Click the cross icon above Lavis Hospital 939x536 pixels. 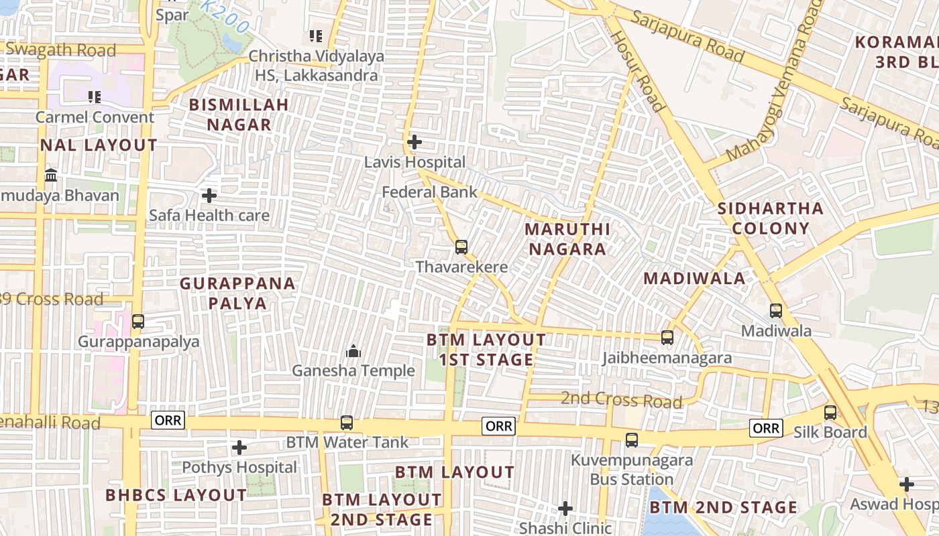[x=415, y=142]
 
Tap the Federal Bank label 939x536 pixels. [x=429, y=192]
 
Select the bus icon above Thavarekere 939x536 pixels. [x=461, y=247]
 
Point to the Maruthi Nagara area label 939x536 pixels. [x=567, y=239]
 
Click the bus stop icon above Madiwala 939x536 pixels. [x=776, y=311]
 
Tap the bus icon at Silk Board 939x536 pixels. [x=830, y=413]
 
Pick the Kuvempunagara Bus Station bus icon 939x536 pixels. [x=632, y=440]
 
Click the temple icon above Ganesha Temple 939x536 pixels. [x=353, y=351]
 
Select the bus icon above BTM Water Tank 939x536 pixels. [x=347, y=423]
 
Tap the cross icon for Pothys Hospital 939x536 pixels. [x=239, y=448]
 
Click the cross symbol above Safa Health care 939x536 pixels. [x=209, y=196]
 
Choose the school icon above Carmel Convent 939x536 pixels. [x=95, y=97]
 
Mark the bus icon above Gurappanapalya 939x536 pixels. [x=138, y=322]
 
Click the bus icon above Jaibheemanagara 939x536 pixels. [x=667, y=338]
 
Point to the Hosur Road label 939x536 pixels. [x=638, y=70]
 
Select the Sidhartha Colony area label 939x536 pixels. [x=771, y=218]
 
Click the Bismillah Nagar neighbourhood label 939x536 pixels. [x=239, y=115]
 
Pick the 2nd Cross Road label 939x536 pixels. [x=621, y=400]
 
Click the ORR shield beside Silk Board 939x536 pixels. [x=766, y=428]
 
